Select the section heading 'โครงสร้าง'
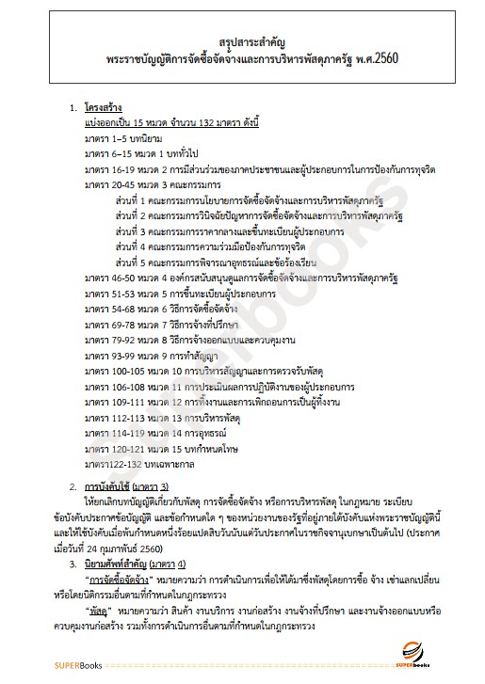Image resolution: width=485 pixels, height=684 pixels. (104, 108)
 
